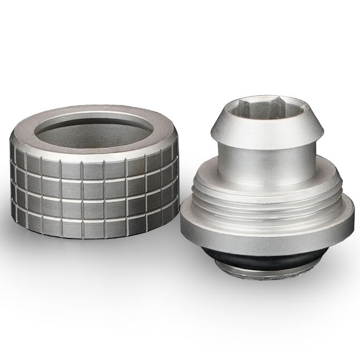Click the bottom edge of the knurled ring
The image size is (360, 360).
coord(91,236)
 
